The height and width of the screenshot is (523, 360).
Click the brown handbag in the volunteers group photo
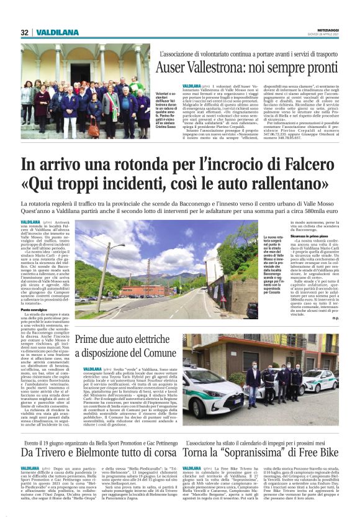point(94,129)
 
